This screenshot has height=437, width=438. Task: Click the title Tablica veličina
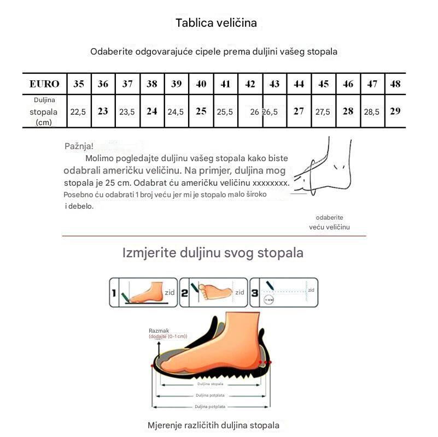216,23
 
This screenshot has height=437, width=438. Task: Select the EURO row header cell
44,84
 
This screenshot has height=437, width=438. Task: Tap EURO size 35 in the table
79,84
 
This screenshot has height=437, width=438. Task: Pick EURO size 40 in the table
201,84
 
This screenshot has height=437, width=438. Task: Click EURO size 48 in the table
395,84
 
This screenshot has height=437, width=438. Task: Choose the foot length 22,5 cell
78,111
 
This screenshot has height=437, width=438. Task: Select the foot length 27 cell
299,111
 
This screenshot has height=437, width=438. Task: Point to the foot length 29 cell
395,111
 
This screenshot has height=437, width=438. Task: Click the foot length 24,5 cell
176,111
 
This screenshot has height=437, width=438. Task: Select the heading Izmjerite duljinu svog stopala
213,253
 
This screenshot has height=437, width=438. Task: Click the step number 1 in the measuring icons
114,293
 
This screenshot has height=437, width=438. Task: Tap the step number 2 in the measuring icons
184,293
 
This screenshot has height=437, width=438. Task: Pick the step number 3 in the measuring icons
254,293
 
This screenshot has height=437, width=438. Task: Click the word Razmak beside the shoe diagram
159,330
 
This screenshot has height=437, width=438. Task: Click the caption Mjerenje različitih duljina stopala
213,425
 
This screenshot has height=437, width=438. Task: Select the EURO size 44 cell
299,84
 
